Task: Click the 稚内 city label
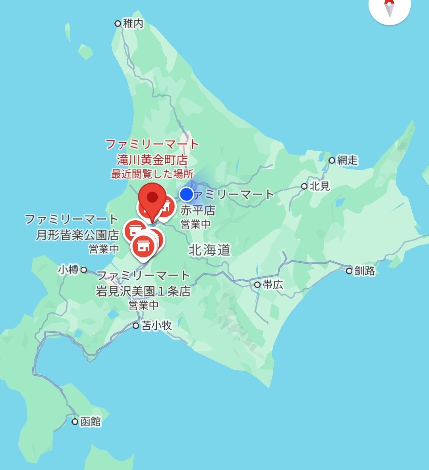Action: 133,23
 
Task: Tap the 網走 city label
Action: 347,160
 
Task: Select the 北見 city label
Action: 320,186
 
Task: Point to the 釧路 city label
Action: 365,271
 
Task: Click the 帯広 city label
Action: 273,285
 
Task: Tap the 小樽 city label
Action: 68,270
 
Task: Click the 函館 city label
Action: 91,421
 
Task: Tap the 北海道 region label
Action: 209,250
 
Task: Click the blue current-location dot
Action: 186,194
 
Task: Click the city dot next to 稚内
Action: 118,23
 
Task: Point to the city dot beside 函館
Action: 75,421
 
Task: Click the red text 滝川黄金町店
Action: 152,160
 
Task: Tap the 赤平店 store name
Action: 197,210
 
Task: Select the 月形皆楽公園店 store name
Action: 77,235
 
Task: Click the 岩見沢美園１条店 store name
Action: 143,291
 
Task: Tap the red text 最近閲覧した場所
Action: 152,174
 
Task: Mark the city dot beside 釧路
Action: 349,271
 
